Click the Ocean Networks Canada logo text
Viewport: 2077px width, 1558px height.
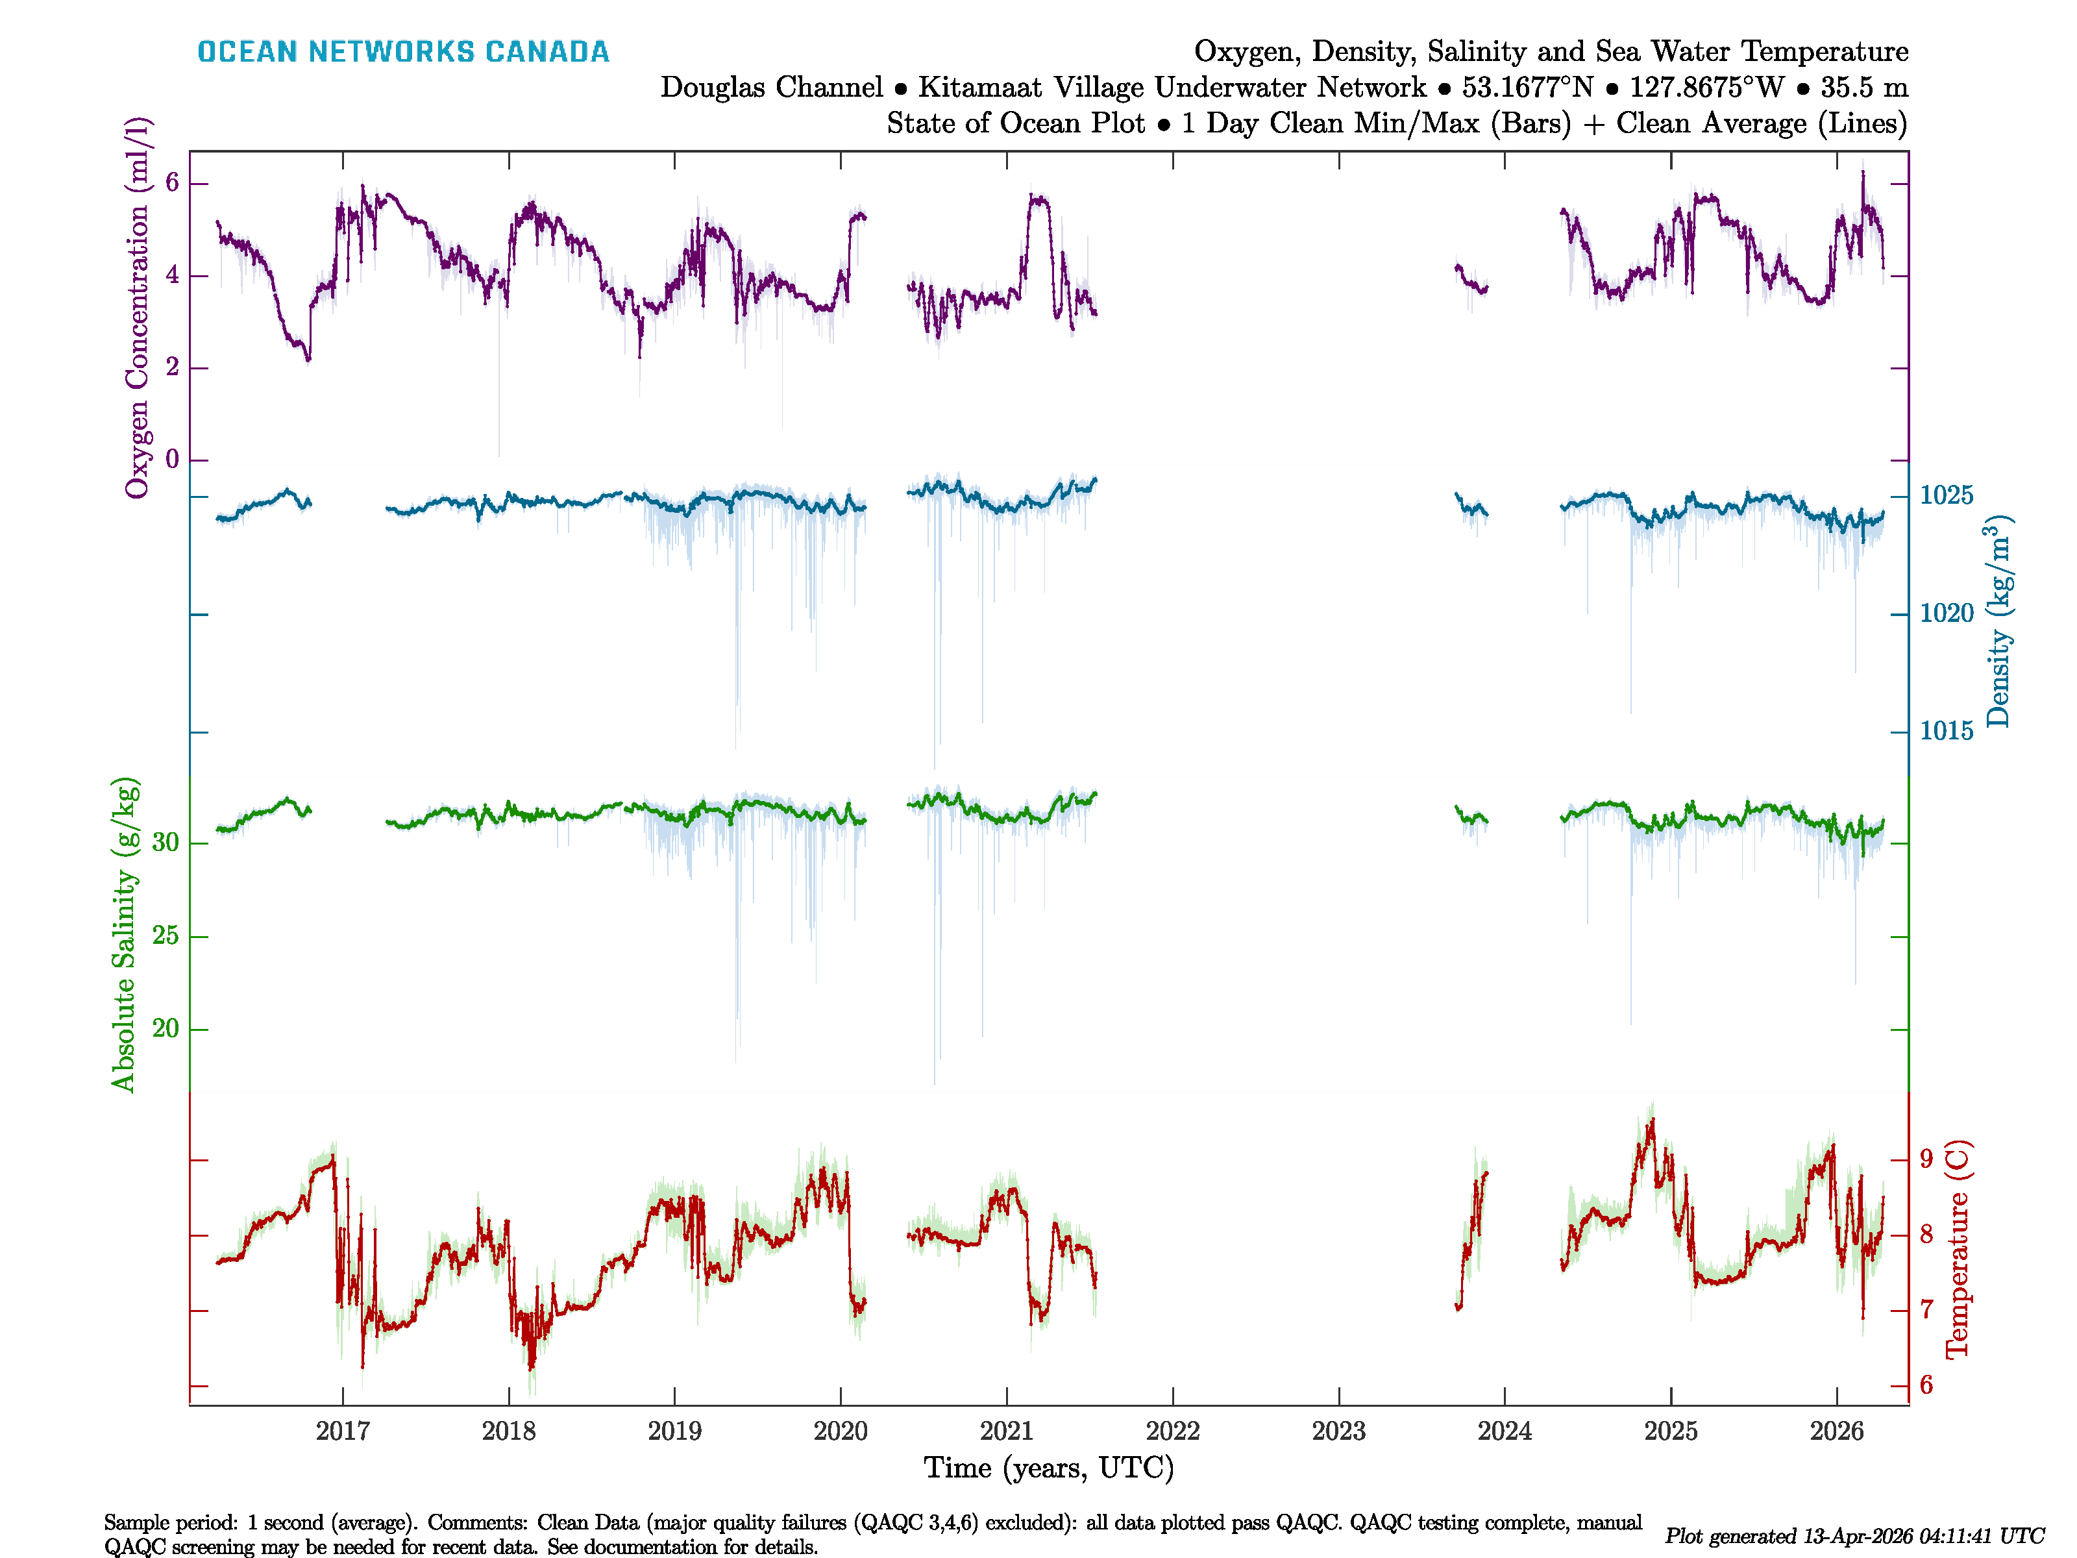point(403,52)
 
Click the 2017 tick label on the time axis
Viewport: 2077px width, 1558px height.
point(343,1431)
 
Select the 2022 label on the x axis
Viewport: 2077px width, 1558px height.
point(1173,1431)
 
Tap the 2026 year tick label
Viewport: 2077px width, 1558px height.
point(1837,1431)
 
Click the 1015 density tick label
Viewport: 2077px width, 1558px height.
point(1947,730)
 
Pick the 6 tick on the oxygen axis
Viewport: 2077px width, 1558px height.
point(172,182)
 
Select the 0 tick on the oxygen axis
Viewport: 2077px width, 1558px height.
point(172,459)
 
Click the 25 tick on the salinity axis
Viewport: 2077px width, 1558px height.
point(166,935)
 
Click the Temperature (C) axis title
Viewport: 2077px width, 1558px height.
point(1957,1250)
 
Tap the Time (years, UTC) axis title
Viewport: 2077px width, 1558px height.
point(1049,1468)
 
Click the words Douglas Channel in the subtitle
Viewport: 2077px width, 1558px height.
point(771,88)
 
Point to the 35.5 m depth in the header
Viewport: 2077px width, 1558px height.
point(1864,88)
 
